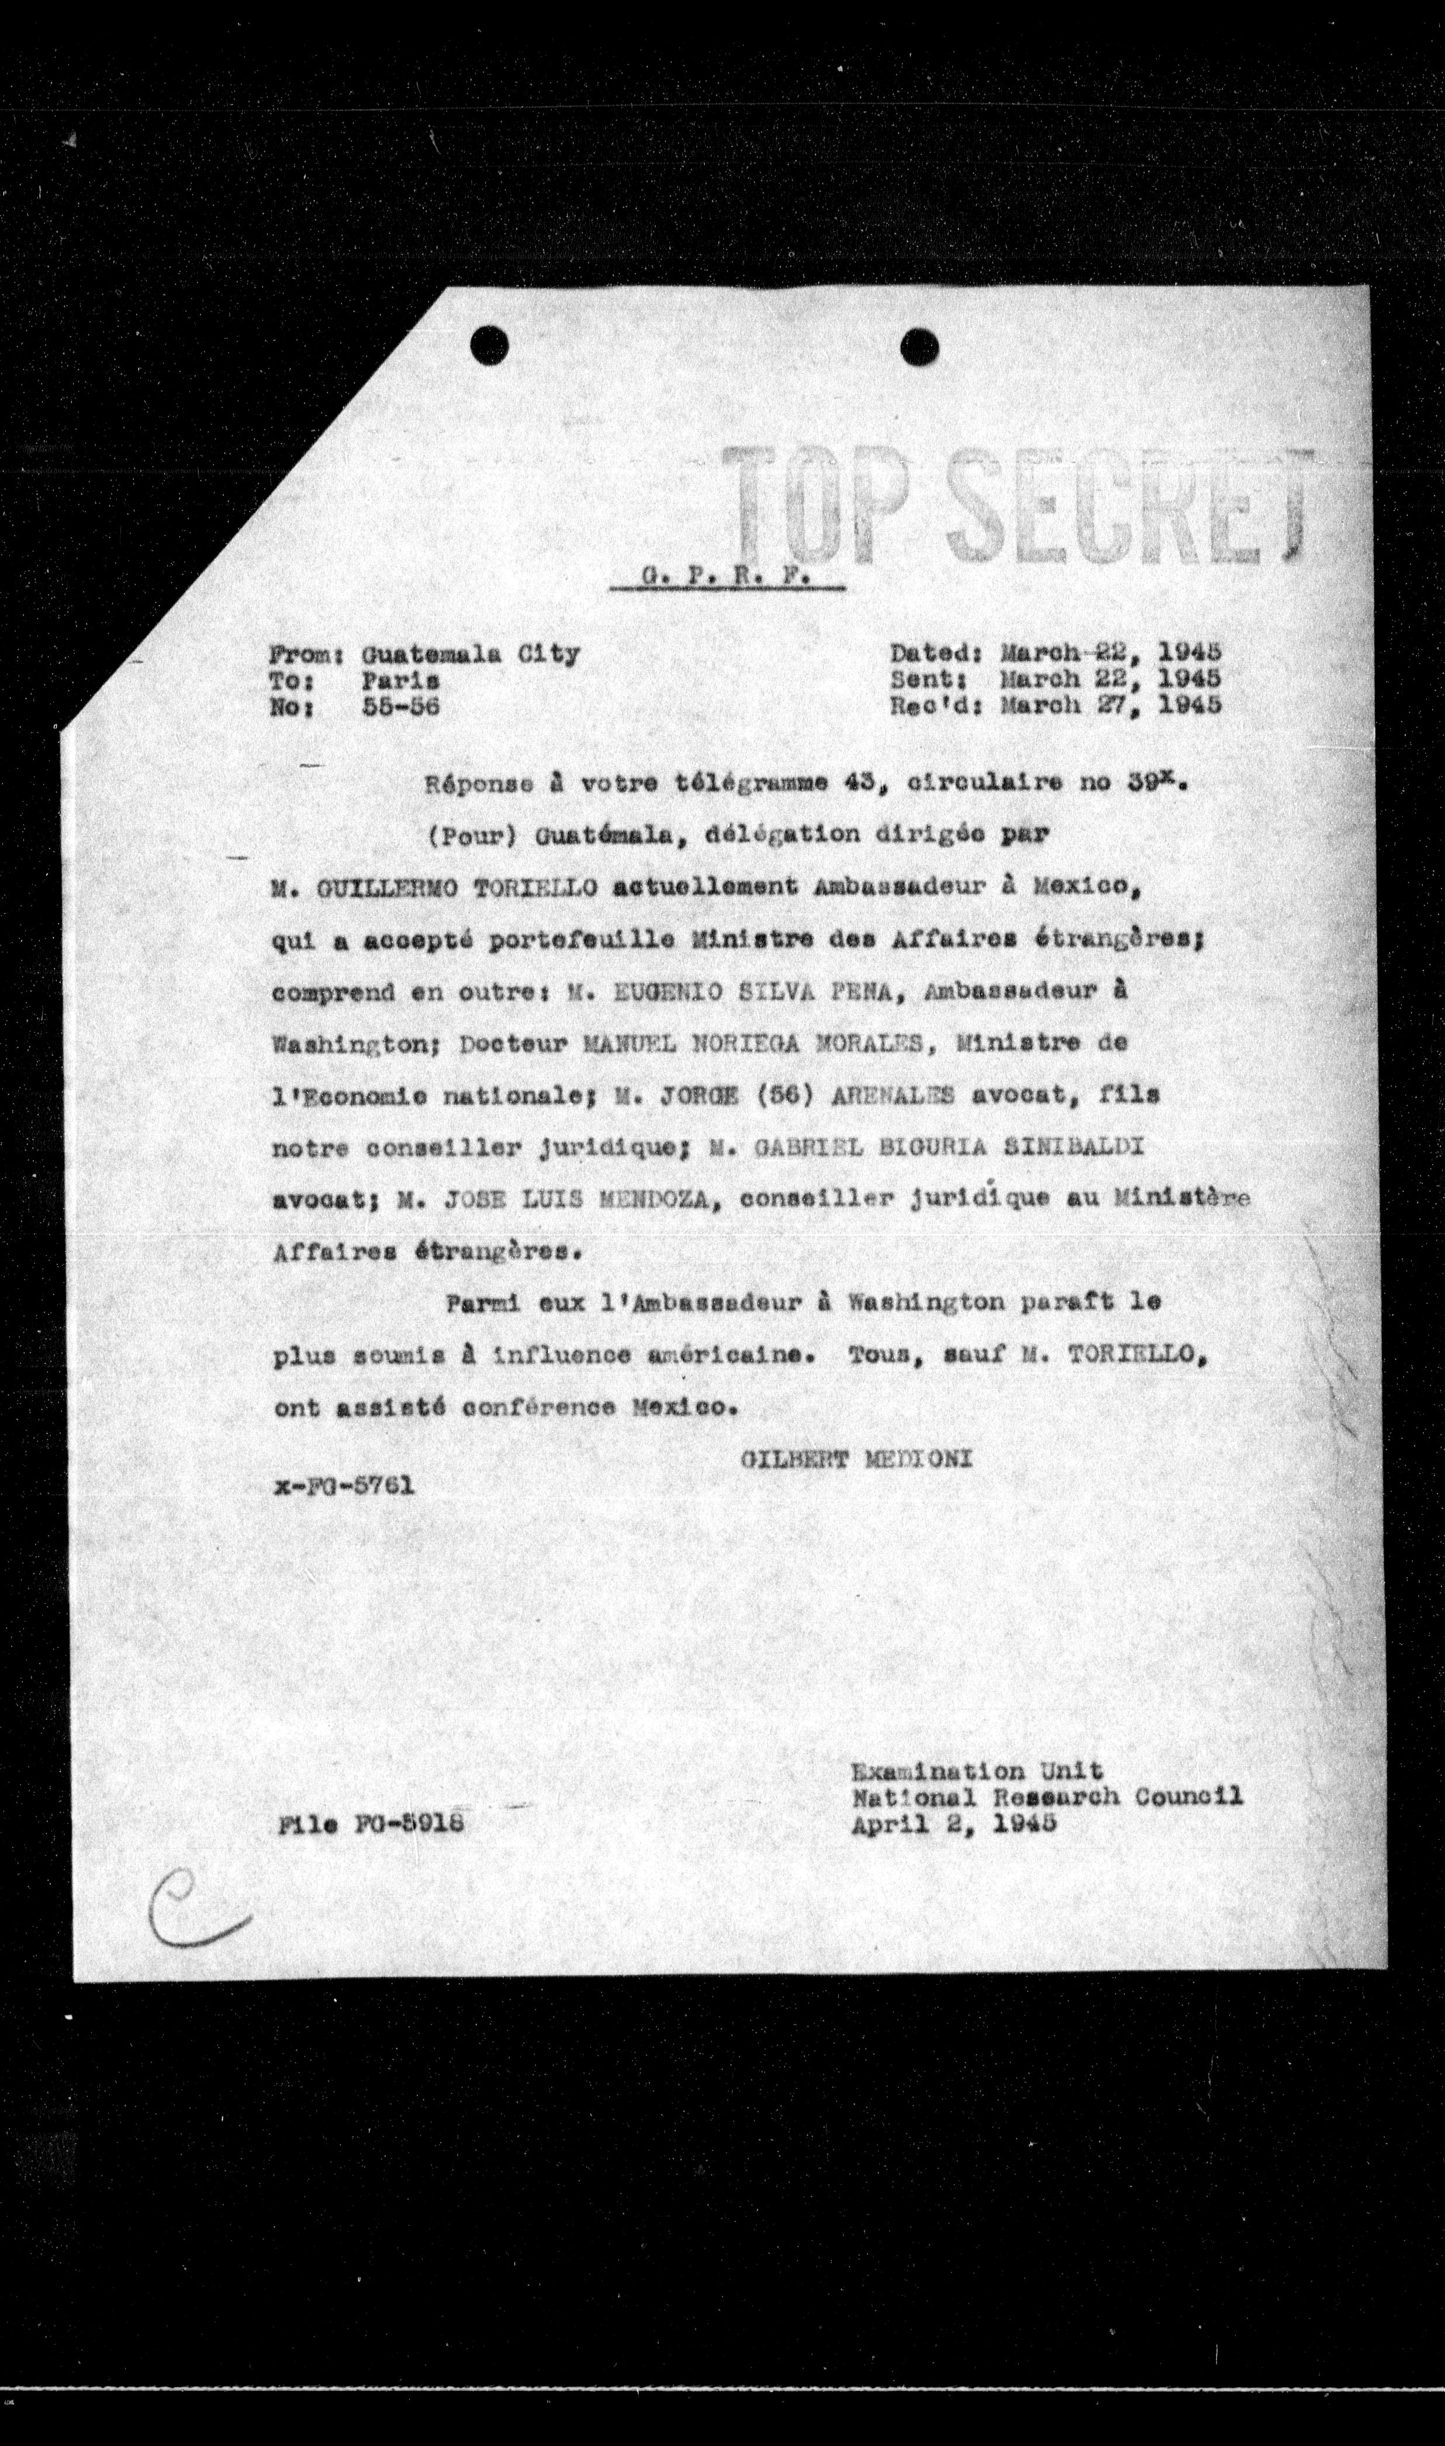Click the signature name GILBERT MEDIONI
857,1459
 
